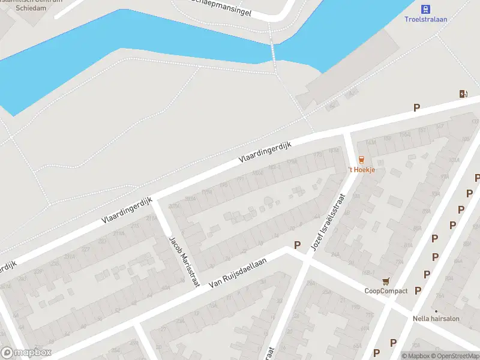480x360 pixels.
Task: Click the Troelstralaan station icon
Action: click(x=425, y=8)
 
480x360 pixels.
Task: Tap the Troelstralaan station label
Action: click(x=425, y=19)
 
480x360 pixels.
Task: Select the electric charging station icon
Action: click(x=463, y=94)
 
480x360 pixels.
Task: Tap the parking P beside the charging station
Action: click(x=416, y=108)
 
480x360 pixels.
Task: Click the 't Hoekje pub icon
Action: click(x=361, y=160)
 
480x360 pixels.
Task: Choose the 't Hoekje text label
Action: click(x=362, y=170)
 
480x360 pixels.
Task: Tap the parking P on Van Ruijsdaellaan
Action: click(x=296, y=245)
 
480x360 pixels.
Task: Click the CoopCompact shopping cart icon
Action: click(x=386, y=281)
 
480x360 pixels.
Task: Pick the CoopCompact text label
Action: click(x=386, y=291)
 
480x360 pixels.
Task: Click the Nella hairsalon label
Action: click(x=436, y=319)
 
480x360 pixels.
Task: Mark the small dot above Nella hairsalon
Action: click(x=436, y=311)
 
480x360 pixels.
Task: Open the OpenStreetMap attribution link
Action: click(x=457, y=356)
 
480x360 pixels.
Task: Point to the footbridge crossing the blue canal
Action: click(x=273, y=51)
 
